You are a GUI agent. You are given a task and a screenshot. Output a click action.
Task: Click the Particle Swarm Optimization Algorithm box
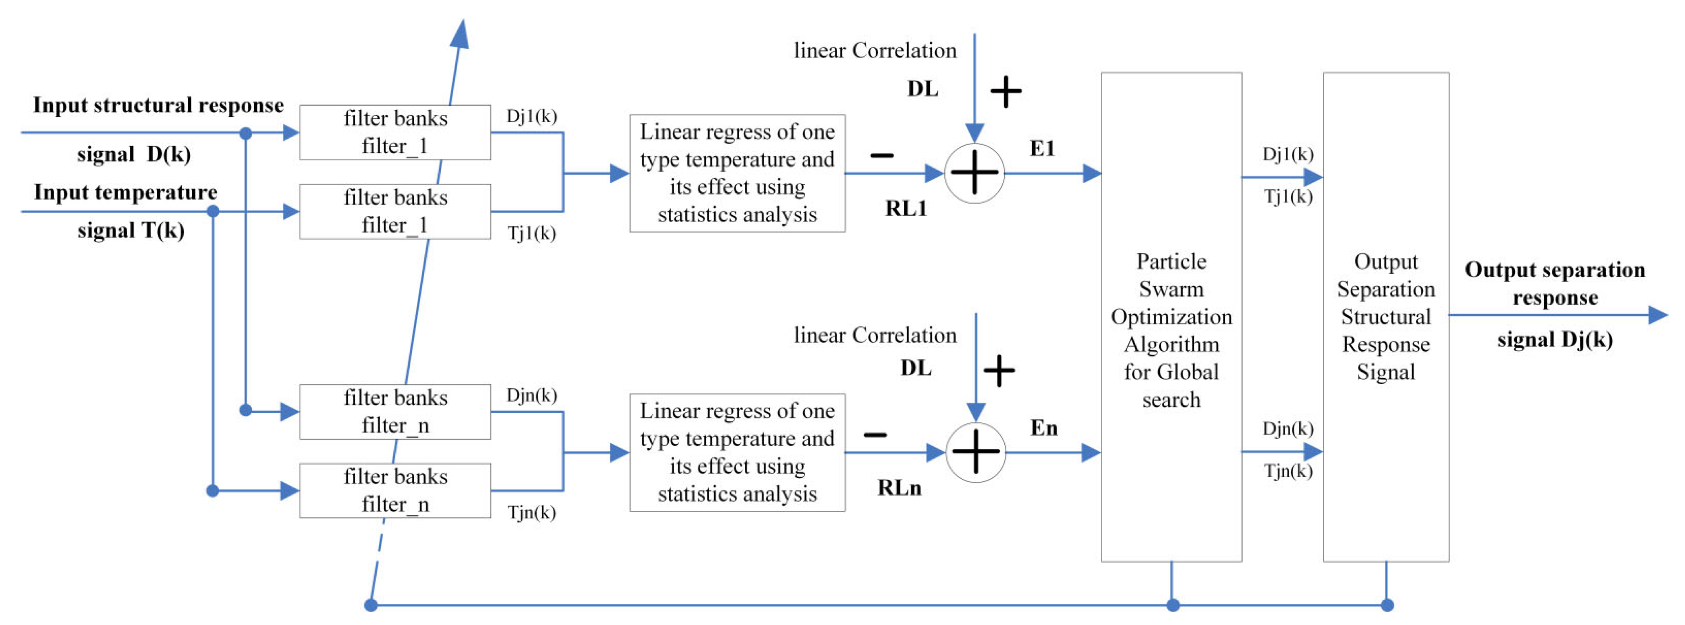click(x=1171, y=317)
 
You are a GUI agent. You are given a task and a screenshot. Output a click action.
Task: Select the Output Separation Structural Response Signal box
click(x=1385, y=317)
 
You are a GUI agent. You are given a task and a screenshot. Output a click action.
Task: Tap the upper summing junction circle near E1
click(x=974, y=173)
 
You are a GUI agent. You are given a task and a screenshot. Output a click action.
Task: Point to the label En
click(x=1043, y=428)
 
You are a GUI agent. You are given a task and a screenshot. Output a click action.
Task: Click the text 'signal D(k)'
click(x=134, y=154)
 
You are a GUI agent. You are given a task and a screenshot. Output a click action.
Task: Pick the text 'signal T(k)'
click(x=131, y=230)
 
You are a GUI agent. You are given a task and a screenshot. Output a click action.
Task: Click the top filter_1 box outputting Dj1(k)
click(x=395, y=133)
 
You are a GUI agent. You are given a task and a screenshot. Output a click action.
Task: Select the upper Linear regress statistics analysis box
click(x=737, y=173)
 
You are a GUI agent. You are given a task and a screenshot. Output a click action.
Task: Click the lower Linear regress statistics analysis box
click(x=737, y=453)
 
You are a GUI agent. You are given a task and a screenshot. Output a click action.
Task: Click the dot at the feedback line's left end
click(x=371, y=605)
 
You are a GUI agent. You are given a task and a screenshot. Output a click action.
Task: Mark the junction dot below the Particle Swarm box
click(x=1173, y=605)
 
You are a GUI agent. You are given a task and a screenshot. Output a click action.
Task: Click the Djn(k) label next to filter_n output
click(x=531, y=395)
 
